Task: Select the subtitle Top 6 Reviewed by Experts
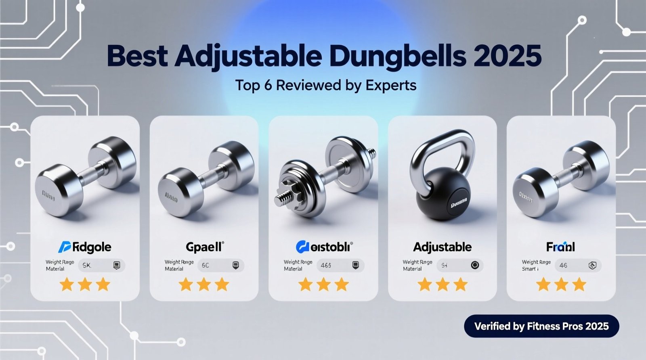click(x=325, y=85)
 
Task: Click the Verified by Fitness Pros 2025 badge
click(x=541, y=326)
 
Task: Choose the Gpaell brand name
click(x=204, y=247)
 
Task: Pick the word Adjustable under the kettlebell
click(x=442, y=247)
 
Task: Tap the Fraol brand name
click(x=560, y=247)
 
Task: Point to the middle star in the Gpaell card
click(x=204, y=285)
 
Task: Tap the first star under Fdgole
click(x=67, y=285)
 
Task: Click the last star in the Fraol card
click(x=579, y=285)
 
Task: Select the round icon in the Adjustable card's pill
click(x=475, y=265)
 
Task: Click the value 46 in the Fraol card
click(x=563, y=266)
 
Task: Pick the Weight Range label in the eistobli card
click(x=298, y=262)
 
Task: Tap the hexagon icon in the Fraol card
click(x=592, y=266)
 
